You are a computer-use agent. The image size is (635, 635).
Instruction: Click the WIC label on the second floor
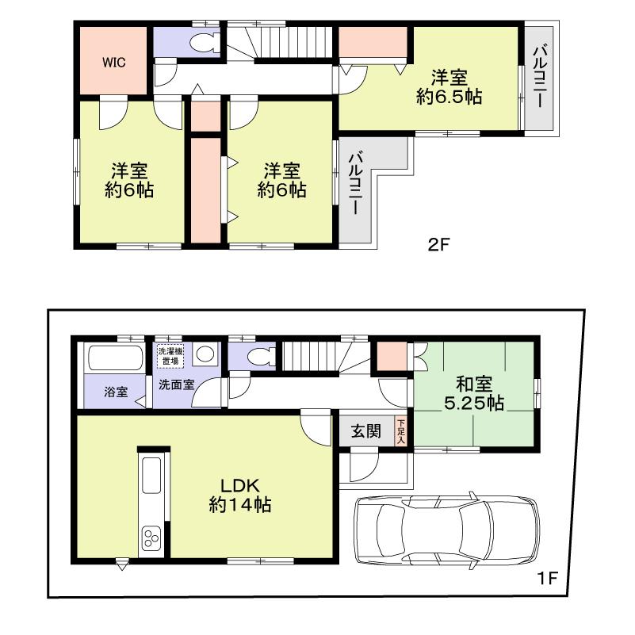[x=112, y=62]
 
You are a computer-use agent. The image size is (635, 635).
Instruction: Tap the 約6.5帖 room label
[x=449, y=87]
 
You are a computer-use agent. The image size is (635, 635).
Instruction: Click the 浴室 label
[x=114, y=391]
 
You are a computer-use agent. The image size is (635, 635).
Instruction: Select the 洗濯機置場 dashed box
[x=170, y=356]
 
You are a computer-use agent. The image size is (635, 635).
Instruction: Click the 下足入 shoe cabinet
[x=401, y=431]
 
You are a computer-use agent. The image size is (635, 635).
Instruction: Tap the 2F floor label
[x=439, y=245]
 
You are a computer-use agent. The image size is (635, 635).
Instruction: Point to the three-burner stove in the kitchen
[x=151, y=540]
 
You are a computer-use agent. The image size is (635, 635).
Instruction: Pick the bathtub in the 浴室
[x=113, y=358]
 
